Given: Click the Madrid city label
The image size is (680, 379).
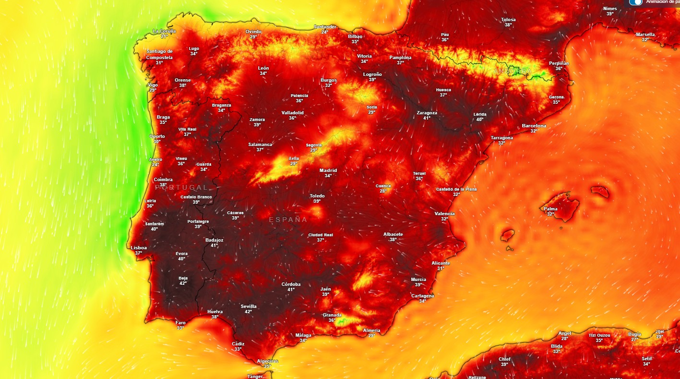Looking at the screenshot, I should [328, 171].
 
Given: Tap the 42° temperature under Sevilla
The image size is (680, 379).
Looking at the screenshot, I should [248, 312].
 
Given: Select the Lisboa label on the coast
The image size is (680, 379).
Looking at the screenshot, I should [139, 247].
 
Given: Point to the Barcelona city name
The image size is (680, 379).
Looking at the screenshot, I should [534, 126].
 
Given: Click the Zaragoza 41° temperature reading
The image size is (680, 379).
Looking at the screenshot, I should [427, 118].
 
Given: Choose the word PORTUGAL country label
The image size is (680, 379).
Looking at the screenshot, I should [182, 187].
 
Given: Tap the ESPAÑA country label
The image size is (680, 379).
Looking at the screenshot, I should [288, 220].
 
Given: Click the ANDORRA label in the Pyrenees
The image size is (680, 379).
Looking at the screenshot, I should [513, 71].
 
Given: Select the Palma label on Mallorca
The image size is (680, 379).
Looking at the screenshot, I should [550, 209].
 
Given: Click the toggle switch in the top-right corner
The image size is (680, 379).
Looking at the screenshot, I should [636, 2].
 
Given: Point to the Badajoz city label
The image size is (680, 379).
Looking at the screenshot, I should [214, 240].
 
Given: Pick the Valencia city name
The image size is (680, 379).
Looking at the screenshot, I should [444, 213].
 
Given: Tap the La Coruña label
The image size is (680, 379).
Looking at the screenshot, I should [164, 31].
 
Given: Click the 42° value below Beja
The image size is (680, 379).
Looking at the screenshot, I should [183, 283].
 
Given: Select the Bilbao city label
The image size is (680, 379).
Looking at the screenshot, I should [355, 36].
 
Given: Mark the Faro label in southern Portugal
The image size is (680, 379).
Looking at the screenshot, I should [180, 323].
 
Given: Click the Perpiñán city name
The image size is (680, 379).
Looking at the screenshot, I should [559, 63].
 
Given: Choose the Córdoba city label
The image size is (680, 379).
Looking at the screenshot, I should [291, 284].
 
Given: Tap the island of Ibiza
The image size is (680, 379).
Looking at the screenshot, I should [507, 235].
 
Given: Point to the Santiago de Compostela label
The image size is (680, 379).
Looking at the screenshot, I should [159, 54].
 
